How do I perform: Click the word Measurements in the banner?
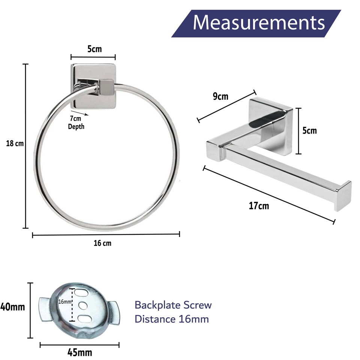259,23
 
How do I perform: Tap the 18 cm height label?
15,144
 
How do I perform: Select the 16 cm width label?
102,243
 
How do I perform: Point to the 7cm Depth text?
76,123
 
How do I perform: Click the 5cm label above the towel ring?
94,49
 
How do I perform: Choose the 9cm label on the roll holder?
220,96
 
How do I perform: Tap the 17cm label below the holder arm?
259,206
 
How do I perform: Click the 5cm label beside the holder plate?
309,130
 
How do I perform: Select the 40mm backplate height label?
13,307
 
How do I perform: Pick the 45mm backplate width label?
79,352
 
